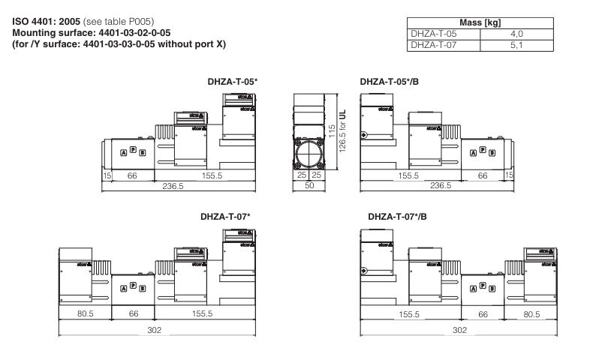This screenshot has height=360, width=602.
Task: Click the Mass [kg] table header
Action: [x=478, y=23]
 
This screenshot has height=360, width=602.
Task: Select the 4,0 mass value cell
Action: [x=516, y=34]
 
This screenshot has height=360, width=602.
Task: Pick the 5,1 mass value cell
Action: [x=516, y=45]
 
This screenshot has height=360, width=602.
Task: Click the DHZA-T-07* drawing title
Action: [x=225, y=217]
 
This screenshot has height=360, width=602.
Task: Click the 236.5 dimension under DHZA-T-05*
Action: [x=173, y=186]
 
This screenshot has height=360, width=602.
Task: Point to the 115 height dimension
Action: [x=330, y=131]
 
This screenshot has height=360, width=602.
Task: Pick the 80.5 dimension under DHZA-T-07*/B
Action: [x=532, y=314]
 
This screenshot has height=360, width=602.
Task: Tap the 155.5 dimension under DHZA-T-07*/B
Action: [x=409, y=314]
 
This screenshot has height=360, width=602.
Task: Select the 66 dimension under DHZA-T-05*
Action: [x=132, y=175]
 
